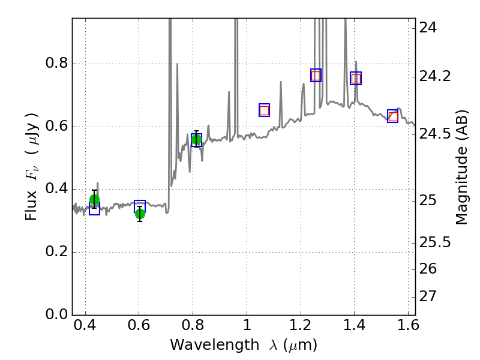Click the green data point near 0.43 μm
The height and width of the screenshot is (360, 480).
(94, 200)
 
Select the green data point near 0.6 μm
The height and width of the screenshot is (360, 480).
(140, 214)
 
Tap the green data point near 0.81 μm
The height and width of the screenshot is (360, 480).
(196, 140)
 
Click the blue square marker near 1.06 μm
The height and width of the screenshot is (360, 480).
(264, 110)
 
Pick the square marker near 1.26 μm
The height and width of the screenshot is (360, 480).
(316, 75)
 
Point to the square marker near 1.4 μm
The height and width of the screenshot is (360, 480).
(356, 78)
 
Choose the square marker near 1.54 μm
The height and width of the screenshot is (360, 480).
(393, 116)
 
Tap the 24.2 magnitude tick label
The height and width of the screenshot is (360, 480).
(436, 76)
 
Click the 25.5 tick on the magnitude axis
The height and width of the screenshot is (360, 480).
(436, 242)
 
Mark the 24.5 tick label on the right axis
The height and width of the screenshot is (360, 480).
(436, 133)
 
